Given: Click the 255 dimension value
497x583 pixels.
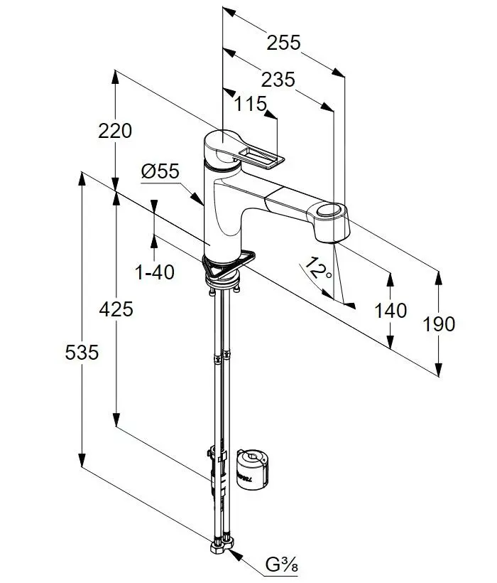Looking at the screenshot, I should coord(283,43).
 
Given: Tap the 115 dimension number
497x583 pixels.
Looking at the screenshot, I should coord(251,105).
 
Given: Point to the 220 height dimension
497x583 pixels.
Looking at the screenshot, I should coord(116,131).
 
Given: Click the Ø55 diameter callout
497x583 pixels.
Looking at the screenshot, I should coord(160,171).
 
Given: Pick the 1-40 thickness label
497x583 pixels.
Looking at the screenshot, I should coord(154,272).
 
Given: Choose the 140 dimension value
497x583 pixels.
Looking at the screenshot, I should coord(390,310).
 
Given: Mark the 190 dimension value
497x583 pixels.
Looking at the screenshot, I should coord(439,324).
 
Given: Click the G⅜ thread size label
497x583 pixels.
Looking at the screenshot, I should coord(280,567).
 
